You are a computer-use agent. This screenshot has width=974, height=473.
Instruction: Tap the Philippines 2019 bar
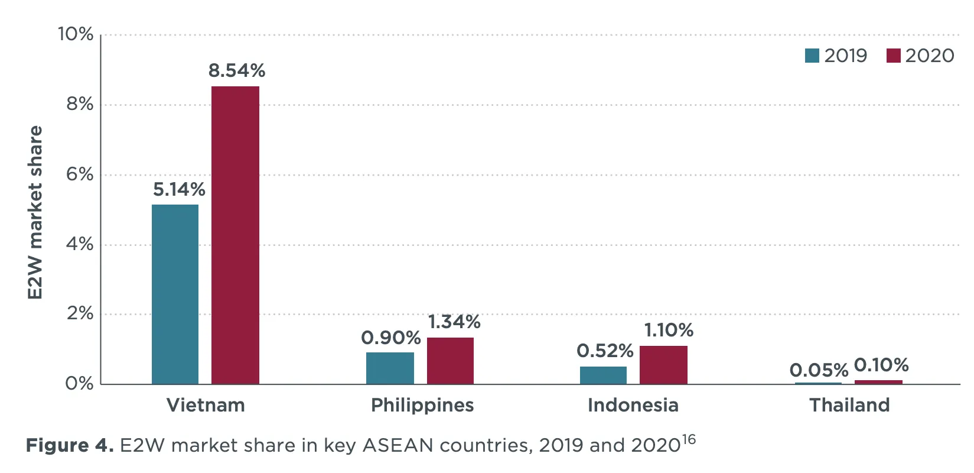tap(390, 368)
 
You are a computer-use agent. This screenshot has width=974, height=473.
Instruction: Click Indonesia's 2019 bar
tap(603, 375)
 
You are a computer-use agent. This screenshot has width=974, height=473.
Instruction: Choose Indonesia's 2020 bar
tap(663, 365)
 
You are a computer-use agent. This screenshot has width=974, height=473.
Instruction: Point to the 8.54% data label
tap(237, 71)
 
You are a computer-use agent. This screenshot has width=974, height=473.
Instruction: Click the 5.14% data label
tap(179, 190)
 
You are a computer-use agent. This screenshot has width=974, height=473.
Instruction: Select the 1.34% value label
tap(454, 322)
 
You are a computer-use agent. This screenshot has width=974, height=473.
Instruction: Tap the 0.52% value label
tap(605, 351)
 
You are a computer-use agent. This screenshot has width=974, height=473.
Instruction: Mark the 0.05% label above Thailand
tap(819, 371)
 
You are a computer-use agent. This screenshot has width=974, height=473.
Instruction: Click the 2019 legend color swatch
tap(812, 56)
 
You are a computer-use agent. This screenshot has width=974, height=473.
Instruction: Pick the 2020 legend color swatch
tap(893, 56)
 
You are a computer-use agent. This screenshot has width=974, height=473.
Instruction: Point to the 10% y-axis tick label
tap(76, 34)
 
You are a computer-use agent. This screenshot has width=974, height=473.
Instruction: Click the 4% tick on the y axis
tap(80, 244)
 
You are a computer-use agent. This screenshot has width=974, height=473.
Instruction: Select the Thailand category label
tap(849, 406)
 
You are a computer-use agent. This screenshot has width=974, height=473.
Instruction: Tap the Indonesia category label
tap(633, 406)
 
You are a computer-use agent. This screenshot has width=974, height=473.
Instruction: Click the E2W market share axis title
tap(35, 212)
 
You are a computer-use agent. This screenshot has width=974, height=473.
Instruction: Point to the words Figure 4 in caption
tap(69, 445)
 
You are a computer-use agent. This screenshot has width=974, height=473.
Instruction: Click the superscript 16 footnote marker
tap(688, 440)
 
